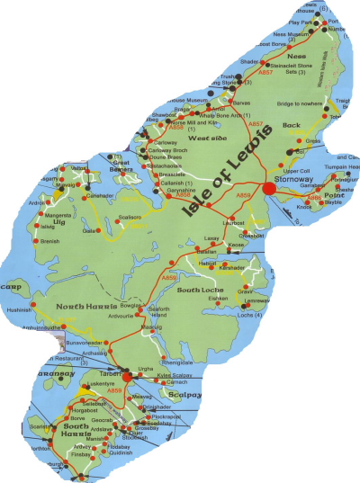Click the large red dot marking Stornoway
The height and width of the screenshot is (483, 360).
269,189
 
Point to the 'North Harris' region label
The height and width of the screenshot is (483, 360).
79,307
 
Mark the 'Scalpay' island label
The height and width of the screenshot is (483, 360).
186,392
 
